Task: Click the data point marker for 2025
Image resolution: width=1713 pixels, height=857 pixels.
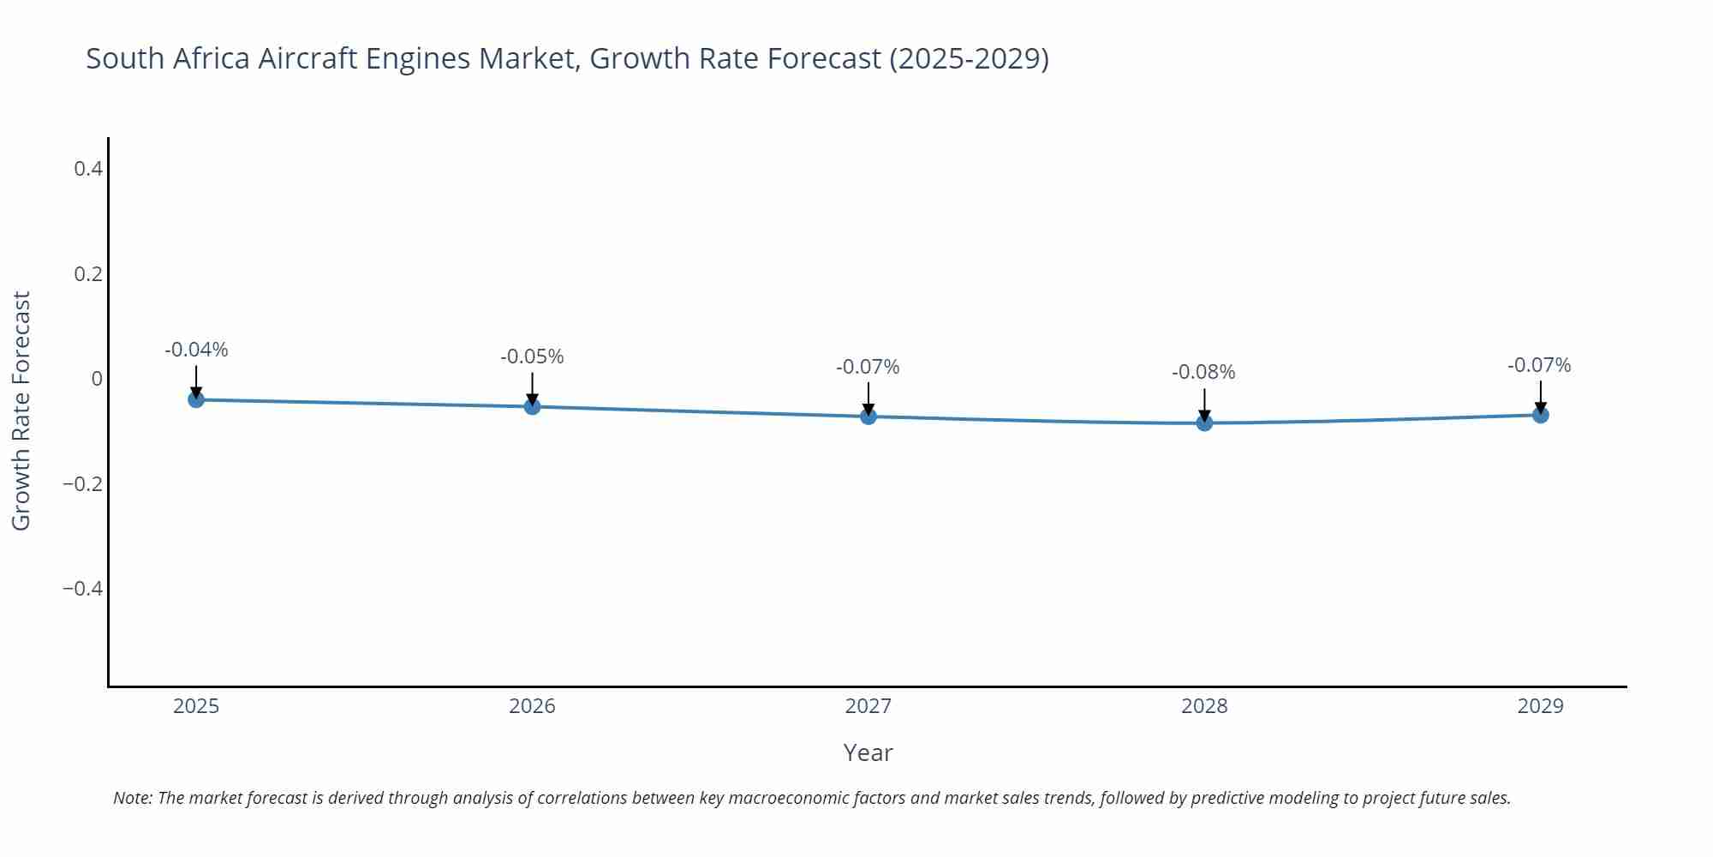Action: (x=196, y=399)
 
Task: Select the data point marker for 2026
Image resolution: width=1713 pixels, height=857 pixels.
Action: (x=532, y=406)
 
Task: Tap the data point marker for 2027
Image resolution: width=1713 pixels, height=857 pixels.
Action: (x=868, y=417)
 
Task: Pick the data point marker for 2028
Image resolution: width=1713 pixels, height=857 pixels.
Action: (x=1204, y=423)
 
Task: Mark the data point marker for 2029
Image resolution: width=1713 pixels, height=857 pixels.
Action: (x=1540, y=415)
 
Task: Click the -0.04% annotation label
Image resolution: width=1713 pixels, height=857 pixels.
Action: (x=196, y=350)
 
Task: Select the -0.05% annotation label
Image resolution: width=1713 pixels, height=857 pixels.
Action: (x=532, y=357)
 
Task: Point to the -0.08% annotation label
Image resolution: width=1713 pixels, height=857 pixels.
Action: (x=1203, y=372)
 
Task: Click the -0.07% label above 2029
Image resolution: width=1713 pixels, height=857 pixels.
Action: (x=1539, y=365)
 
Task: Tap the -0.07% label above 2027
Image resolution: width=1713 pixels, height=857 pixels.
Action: (x=868, y=367)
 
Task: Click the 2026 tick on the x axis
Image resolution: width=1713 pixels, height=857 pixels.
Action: (x=532, y=706)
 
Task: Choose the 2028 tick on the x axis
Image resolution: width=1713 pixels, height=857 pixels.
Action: (x=1204, y=706)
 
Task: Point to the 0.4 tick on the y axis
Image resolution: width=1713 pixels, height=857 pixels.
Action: (x=88, y=169)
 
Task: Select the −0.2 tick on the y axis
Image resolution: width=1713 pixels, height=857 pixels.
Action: (x=82, y=484)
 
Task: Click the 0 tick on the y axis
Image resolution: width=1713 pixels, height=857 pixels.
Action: (x=97, y=379)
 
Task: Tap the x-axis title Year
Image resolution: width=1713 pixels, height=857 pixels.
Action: (x=868, y=752)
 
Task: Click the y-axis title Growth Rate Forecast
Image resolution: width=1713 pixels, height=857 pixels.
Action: (x=21, y=411)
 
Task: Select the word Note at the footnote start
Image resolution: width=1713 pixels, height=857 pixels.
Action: (x=132, y=798)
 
